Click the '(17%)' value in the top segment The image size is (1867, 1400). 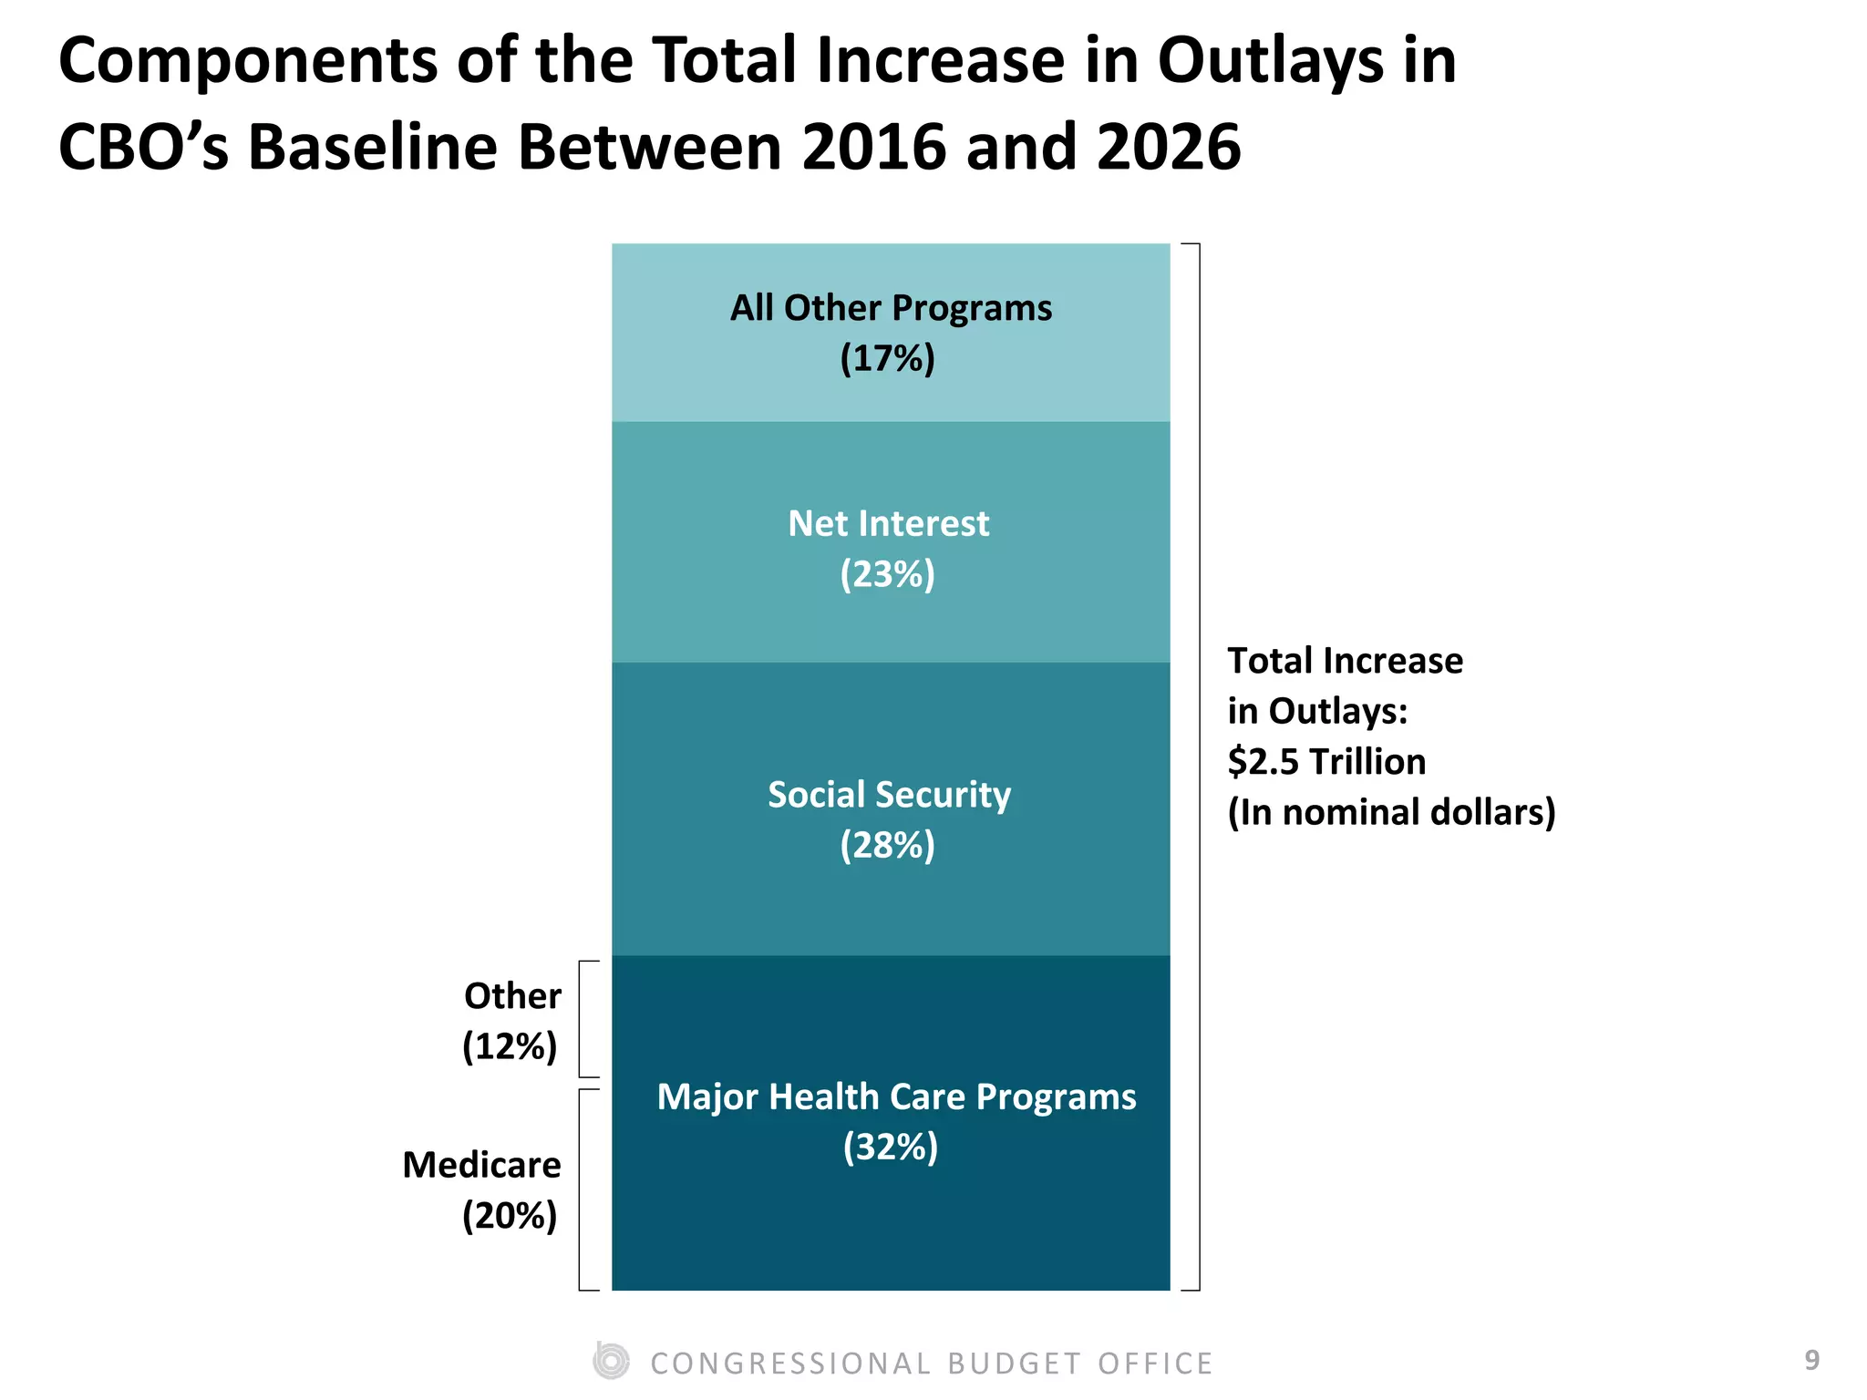point(887,358)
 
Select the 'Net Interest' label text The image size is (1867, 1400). point(888,523)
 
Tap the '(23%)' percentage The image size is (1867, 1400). point(887,574)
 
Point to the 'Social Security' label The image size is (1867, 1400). point(889,794)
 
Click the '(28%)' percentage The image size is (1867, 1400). point(887,845)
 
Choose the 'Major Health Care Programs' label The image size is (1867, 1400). point(896,1096)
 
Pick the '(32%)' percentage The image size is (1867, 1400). point(890,1147)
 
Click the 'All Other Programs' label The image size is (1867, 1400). point(891,308)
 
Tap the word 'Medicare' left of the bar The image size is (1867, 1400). point(481,1165)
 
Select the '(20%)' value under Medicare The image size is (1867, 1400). point(509,1215)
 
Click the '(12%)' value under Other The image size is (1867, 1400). point(509,1046)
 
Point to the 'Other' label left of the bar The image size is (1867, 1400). point(512,996)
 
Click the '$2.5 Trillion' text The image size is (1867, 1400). point(1326,761)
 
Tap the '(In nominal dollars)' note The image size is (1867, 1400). point(1391,812)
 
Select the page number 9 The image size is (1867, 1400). point(1812,1360)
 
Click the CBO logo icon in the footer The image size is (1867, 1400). point(611,1362)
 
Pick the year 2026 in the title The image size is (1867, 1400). point(1168,147)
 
